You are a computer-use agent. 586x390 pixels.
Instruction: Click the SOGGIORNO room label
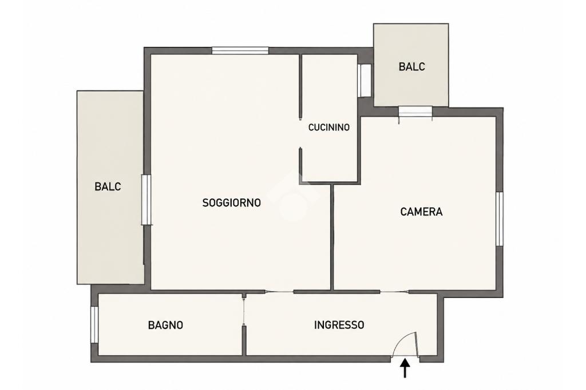pos(231,203)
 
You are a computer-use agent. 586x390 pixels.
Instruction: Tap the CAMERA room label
pos(421,212)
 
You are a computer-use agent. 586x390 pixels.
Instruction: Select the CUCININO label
pos(329,128)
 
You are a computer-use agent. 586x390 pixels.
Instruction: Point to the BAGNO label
pos(165,325)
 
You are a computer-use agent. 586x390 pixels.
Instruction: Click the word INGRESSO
pos(339,325)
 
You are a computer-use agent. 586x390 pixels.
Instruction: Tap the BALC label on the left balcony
pos(108,186)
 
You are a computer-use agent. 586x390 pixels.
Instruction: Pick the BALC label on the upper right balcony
pos(412,66)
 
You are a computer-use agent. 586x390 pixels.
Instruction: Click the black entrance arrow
pos(405,368)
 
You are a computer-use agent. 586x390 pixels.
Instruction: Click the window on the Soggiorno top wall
pos(240,50)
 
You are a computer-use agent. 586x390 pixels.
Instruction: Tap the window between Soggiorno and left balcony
pos(146,200)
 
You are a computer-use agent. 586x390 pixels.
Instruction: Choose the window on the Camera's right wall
pos(499,219)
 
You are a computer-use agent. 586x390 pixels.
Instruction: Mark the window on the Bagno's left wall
pos(94,325)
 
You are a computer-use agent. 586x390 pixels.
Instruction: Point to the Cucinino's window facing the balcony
pos(364,81)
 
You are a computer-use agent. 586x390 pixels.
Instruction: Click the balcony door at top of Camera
pos(415,112)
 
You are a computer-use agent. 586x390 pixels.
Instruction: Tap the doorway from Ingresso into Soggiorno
pos(279,292)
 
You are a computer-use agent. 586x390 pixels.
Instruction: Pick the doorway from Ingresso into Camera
pos(394,292)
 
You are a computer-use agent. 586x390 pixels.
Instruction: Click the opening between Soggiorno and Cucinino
pos(300,134)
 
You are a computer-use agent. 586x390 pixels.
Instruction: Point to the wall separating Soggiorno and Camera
pos(332,237)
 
